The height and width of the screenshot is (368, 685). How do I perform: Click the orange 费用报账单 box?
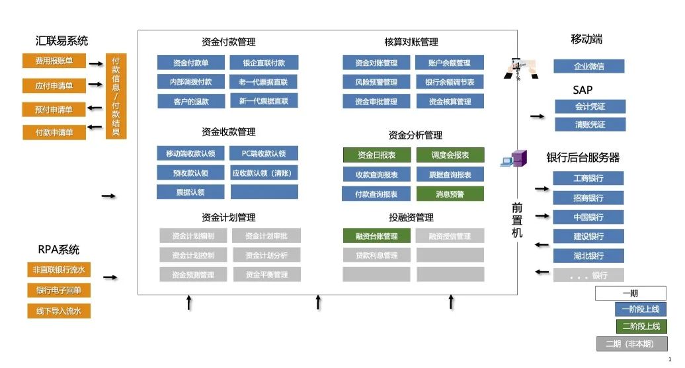[x=54, y=61]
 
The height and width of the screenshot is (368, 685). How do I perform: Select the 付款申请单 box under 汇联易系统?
[x=54, y=132]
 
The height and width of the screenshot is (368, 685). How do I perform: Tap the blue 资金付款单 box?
[x=190, y=63]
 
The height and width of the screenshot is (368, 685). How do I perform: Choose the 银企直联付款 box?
[x=264, y=63]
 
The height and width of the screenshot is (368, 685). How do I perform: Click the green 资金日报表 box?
[x=376, y=155]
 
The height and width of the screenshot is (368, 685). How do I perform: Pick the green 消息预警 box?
[x=450, y=194]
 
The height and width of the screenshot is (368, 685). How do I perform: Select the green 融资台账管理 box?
[x=376, y=236]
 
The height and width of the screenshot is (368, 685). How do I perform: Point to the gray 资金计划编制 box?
[x=193, y=236]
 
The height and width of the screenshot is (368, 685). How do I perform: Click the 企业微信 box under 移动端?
[x=588, y=66]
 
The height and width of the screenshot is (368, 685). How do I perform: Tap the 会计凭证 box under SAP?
[x=590, y=106]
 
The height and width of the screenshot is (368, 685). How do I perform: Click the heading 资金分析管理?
[x=415, y=135]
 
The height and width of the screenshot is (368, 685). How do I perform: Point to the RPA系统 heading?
[x=58, y=250]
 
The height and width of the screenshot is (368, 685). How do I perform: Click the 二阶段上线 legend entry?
[x=641, y=326]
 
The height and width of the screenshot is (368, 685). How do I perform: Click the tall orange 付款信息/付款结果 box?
[x=116, y=96]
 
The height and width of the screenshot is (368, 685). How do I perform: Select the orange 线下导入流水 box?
[x=58, y=311]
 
